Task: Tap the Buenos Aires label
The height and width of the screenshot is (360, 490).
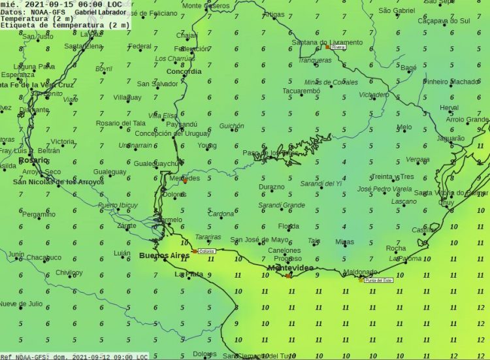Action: [164, 255]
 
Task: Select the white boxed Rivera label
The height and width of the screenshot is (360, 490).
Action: [338, 47]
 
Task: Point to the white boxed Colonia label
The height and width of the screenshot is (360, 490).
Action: [206, 251]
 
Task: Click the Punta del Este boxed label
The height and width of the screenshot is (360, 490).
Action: [379, 280]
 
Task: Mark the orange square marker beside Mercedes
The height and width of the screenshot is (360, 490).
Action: [185, 182]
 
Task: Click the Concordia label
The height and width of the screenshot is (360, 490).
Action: [184, 72]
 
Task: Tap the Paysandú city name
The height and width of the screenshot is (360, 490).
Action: [182, 123]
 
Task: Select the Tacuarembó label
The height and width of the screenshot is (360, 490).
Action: [301, 91]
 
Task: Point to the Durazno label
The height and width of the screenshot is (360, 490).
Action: [271, 187]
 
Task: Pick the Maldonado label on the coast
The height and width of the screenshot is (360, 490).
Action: [360, 272]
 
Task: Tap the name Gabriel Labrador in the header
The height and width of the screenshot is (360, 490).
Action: [101, 12]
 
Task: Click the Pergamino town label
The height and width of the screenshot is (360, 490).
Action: [39, 214]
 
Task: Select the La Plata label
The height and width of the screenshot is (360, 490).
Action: [188, 274]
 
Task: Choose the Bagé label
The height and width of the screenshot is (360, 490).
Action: [408, 67]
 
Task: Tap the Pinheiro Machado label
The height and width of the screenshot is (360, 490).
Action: [450, 82]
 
